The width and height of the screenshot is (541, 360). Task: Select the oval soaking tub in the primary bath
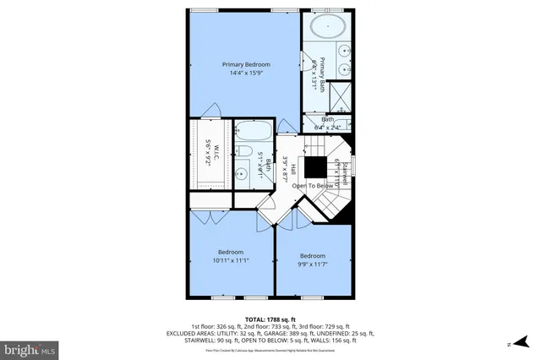[x=325, y=27]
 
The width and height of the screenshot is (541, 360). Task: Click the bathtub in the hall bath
[x=251, y=132]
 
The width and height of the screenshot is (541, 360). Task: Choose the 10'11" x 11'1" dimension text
[x=230, y=261]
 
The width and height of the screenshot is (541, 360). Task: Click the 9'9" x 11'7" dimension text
[x=313, y=265]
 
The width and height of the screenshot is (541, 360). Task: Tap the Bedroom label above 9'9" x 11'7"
[x=313, y=255]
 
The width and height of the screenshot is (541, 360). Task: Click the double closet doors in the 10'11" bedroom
[x=207, y=216]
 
